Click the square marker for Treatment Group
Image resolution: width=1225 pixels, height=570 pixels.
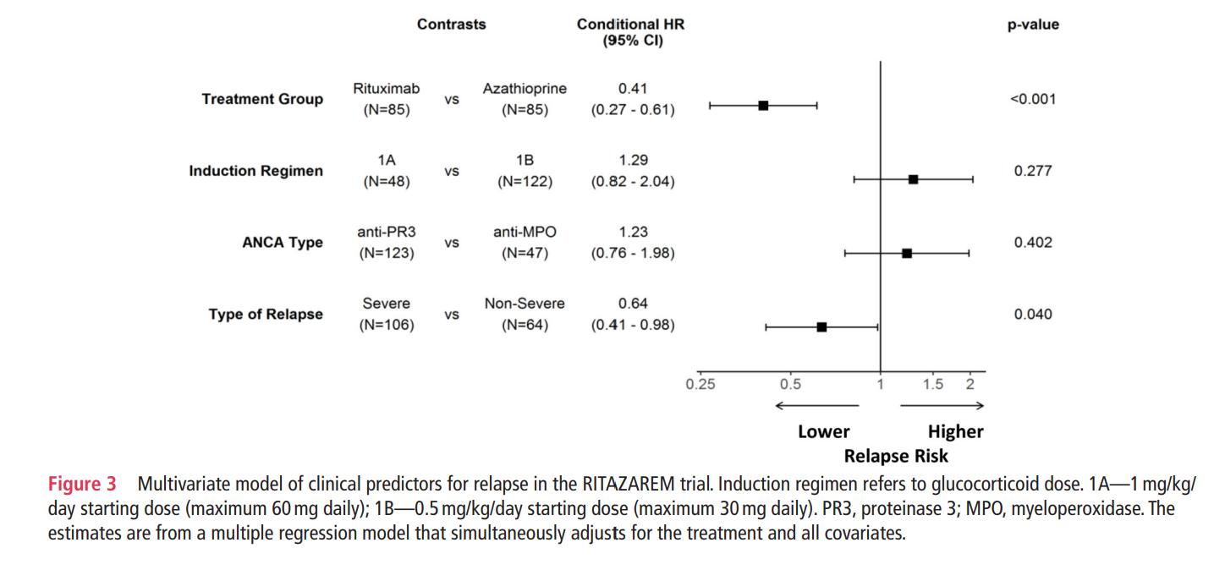(x=763, y=106)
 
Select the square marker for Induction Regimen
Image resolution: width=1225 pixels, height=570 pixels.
(x=913, y=179)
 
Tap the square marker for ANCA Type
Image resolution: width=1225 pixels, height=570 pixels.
(x=907, y=253)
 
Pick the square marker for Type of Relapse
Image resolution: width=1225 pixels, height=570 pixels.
(x=821, y=326)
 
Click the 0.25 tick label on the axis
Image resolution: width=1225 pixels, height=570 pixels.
(x=700, y=384)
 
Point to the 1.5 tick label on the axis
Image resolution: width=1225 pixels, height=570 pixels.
(x=932, y=384)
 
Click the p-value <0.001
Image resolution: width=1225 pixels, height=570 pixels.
(x=1033, y=99)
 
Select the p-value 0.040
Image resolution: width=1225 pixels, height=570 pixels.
(x=1033, y=315)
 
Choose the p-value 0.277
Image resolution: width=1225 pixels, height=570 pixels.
(x=1033, y=171)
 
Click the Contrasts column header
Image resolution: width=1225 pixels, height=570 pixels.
(x=451, y=25)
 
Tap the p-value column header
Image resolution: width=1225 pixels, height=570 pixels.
(x=1033, y=25)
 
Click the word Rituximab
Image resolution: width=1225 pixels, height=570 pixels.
(x=386, y=89)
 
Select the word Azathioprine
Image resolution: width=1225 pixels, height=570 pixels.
(x=525, y=89)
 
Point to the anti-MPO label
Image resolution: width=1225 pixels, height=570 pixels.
(x=525, y=233)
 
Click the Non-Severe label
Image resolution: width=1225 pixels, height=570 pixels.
(x=525, y=304)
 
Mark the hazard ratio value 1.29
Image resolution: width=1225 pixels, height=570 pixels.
(x=633, y=161)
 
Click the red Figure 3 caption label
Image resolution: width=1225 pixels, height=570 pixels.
(x=82, y=485)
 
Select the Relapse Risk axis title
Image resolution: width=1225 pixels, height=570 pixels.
(x=896, y=457)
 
